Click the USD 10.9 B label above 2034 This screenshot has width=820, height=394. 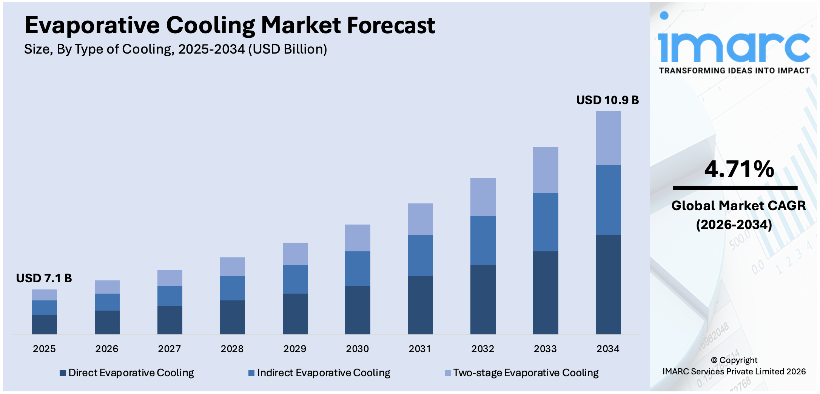(x=607, y=100)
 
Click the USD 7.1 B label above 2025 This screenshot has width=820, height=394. (x=44, y=278)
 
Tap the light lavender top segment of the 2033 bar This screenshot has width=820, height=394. (x=545, y=170)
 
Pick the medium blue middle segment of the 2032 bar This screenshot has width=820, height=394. (x=482, y=240)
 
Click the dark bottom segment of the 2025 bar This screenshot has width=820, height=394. (x=44, y=324)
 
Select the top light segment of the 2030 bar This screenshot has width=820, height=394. (x=357, y=238)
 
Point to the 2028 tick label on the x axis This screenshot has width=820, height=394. (x=232, y=349)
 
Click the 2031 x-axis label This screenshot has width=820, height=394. (x=420, y=349)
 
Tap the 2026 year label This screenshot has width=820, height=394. (x=106, y=349)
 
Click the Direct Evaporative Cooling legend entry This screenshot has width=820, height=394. (x=127, y=373)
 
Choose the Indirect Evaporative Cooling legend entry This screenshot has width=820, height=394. (x=319, y=373)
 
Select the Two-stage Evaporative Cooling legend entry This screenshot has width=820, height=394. (x=522, y=373)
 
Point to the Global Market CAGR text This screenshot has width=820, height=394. (x=738, y=206)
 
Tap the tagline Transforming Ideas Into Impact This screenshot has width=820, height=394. (x=734, y=71)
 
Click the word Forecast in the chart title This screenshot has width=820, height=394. (x=391, y=25)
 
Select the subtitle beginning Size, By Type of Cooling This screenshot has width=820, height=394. (x=176, y=49)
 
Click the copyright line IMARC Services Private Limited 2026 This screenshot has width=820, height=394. (x=734, y=371)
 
